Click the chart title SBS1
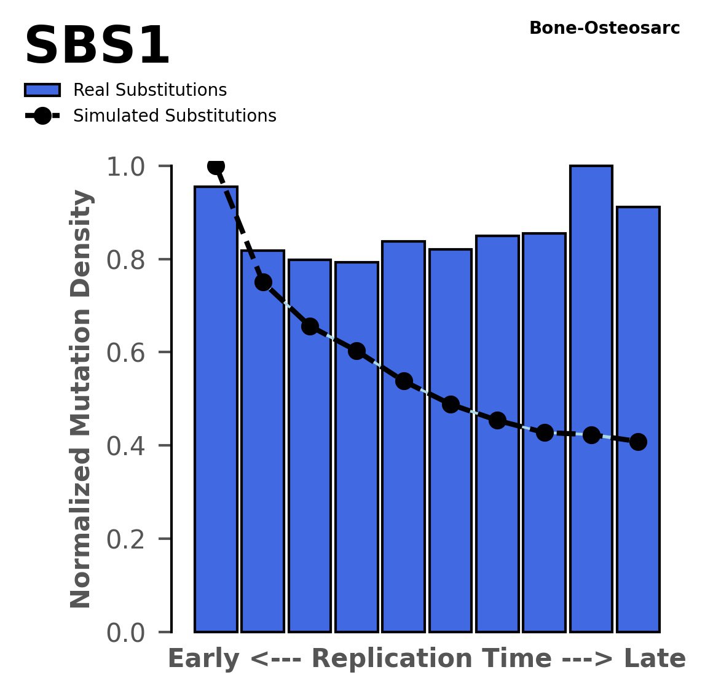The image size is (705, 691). (x=97, y=47)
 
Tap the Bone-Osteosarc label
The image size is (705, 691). (x=604, y=28)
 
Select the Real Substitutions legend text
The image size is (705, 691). (x=150, y=90)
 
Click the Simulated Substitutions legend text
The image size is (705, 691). (x=175, y=116)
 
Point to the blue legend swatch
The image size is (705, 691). (x=42, y=90)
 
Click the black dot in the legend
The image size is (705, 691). (x=42, y=116)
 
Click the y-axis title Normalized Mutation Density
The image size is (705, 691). (x=82, y=399)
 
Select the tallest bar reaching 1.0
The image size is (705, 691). (x=591, y=399)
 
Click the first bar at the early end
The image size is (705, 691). (x=216, y=412)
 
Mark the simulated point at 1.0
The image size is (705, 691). (x=216, y=166)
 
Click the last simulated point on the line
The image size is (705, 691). (x=638, y=442)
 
